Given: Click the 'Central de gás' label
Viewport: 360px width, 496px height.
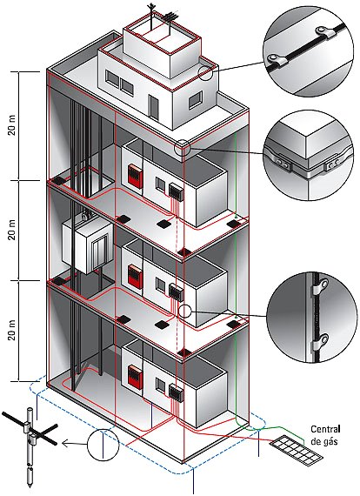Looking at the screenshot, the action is [x=325, y=435].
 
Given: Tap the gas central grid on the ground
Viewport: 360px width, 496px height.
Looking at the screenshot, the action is [x=297, y=451].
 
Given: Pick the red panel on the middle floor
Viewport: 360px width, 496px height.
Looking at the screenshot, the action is [x=135, y=276].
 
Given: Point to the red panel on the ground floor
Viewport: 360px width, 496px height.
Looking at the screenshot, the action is [x=135, y=377].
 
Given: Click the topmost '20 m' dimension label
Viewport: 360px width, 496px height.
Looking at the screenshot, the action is [x=12, y=126].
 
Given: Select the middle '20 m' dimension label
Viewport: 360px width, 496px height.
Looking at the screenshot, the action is [x=12, y=231].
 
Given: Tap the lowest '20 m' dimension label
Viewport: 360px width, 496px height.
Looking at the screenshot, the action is [x=12, y=331].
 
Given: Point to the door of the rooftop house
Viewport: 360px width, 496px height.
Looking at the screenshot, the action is [x=154, y=108].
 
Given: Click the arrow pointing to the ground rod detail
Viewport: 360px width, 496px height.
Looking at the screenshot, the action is [x=74, y=444].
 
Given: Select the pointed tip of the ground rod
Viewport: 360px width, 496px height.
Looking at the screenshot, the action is [x=30, y=484].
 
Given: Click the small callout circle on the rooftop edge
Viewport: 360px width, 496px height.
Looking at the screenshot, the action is [x=205, y=73].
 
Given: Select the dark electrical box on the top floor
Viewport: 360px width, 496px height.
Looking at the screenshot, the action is [x=176, y=191].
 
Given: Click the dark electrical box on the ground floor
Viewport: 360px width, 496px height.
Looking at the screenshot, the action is [x=176, y=393].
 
